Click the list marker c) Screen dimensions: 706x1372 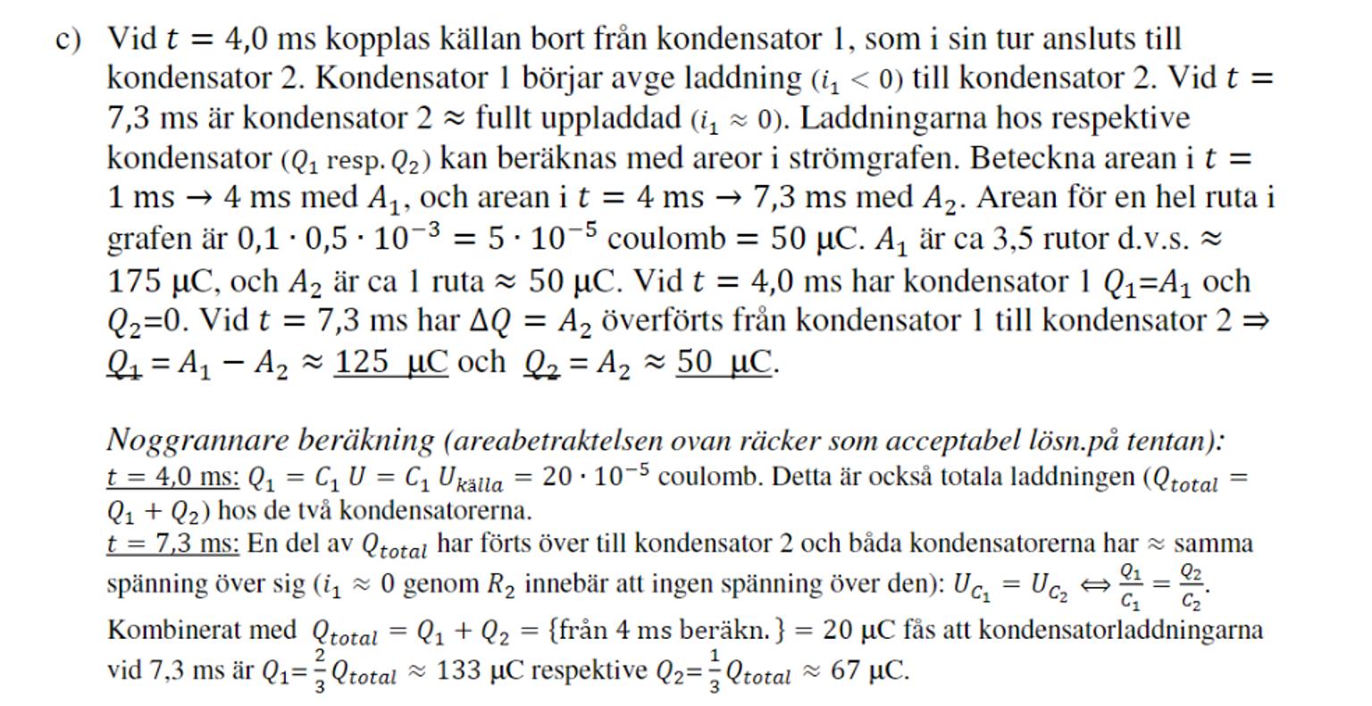[x=68, y=40]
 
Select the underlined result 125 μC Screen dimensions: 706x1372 [x=390, y=362]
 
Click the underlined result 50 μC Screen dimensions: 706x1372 [x=724, y=362]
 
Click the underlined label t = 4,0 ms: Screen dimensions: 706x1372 [x=172, y=477]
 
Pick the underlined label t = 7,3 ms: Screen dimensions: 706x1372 [x=172, y=543]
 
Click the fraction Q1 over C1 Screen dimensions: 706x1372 [x=1130, y=585]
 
